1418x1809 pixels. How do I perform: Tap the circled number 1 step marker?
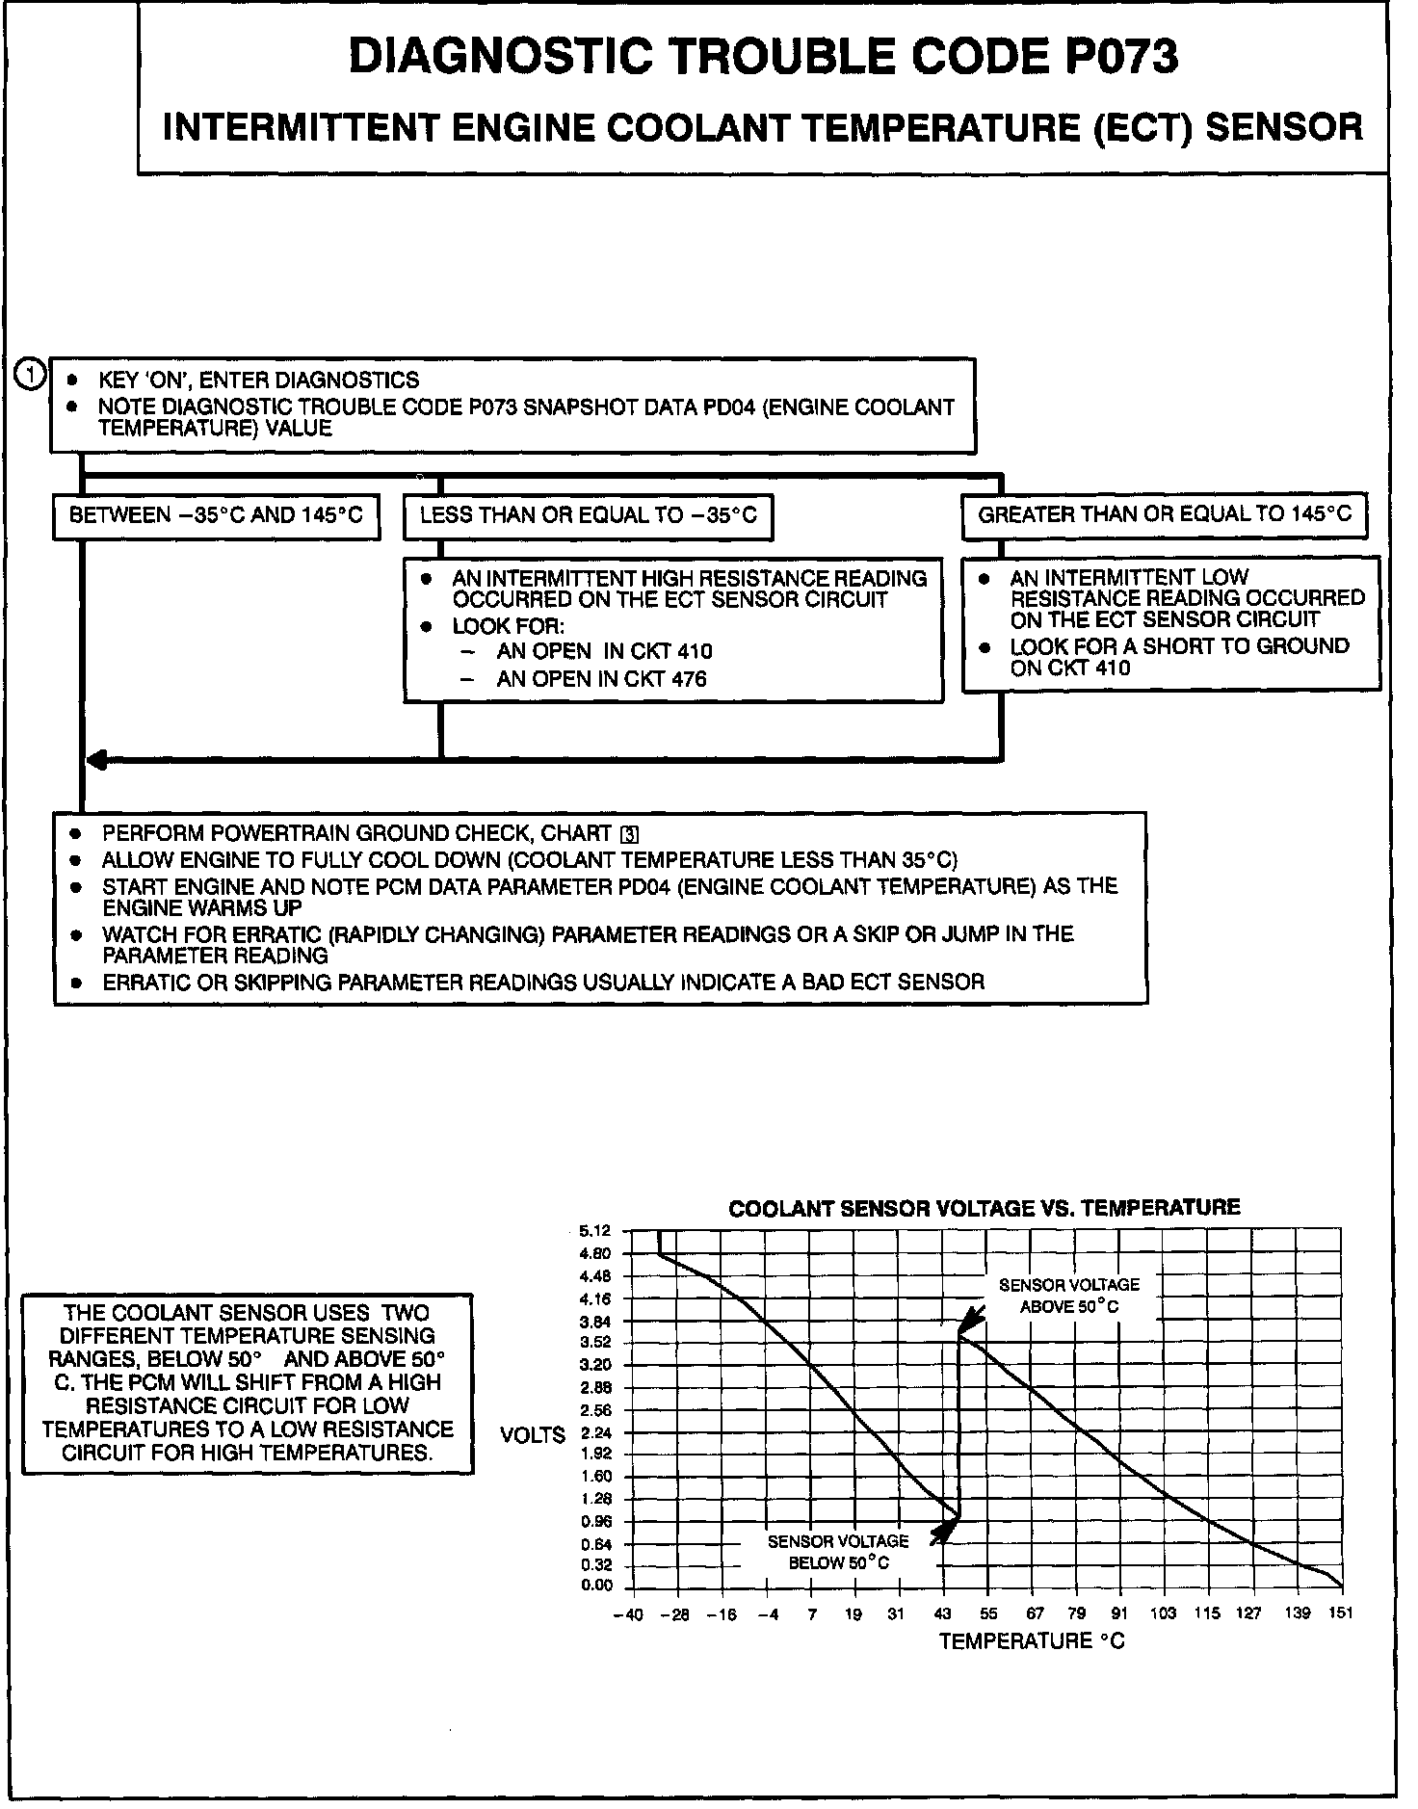(31, 375)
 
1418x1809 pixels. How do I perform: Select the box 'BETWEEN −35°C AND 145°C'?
(216, 515)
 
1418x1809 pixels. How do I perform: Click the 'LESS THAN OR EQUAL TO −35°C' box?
(588, 515)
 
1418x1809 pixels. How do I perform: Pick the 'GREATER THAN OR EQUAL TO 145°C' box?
(1165, 514)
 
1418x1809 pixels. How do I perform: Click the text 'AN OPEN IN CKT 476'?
(601, 679)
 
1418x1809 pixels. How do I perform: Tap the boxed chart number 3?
(631, 834)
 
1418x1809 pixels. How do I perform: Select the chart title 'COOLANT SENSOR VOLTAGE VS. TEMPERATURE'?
(984, 1208)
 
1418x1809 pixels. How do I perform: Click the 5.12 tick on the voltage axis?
(594, 1231)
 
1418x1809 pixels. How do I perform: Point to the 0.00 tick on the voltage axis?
(596, 1586)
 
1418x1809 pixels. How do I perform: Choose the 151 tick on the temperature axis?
(1340, 1614)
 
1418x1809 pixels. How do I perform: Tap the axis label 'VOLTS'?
(533, 1435)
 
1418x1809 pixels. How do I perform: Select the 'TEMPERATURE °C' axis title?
(1032, 1641)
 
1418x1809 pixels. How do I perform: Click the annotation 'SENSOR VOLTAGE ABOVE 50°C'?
(1068, 1296)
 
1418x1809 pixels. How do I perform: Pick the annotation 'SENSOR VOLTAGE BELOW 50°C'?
(838, 1552)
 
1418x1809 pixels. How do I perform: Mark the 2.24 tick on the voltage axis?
(596, 1432)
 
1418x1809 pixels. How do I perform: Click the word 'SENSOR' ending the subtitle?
(1284, 126)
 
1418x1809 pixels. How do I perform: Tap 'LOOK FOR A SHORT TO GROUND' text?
(1179, 646)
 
